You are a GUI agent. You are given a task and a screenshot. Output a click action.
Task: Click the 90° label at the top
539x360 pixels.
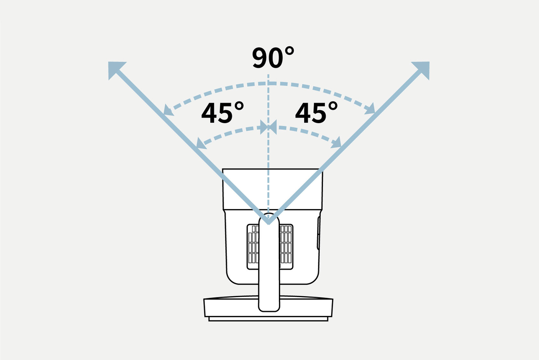coord(273,58)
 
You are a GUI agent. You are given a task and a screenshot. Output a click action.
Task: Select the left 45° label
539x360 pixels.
coord(223,112)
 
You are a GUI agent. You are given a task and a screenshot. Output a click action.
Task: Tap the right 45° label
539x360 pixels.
coord(316,112)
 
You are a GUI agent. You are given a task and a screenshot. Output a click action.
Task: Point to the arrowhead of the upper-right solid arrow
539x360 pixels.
coord(422,69)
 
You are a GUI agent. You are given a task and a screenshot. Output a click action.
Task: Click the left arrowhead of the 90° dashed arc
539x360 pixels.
coord(168,111)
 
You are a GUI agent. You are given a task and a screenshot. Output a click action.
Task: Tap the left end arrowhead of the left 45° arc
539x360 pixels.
coord(201,144)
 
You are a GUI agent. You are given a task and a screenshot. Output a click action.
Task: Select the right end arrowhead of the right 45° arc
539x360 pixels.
coord(336,142)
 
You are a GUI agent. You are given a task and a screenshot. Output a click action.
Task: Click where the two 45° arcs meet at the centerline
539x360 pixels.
coord(268,127)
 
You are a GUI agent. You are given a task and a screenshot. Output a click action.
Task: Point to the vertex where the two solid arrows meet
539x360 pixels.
coord(268,223)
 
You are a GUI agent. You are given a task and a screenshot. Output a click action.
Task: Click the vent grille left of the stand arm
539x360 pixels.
coord(253,247)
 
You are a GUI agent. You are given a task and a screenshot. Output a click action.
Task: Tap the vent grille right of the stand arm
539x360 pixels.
coord(286,247)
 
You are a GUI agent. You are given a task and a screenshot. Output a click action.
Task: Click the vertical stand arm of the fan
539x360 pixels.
coord(269,262)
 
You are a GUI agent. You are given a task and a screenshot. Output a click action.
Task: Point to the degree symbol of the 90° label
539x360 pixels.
coord(289,51)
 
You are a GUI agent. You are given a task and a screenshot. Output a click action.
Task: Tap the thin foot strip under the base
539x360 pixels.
coord(268,319)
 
